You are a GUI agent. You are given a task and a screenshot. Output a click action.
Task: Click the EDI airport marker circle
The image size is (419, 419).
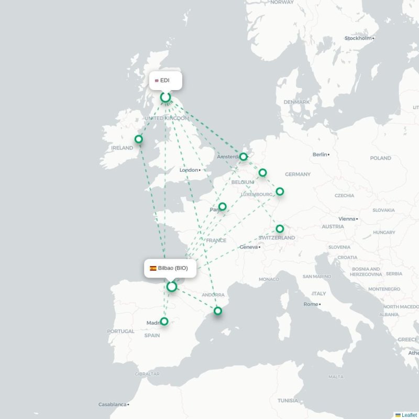(x=166, y=97)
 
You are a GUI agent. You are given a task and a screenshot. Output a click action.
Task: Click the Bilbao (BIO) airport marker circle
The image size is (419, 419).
(x=171, y=286)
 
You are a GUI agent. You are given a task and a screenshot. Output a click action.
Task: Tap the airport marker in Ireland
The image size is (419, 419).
(x=139, y=139)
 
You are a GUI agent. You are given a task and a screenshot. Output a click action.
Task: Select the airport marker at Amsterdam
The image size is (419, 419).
(x=244, y=156)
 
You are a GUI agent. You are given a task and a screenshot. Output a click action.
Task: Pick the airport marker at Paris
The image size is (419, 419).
(x=223, y=206)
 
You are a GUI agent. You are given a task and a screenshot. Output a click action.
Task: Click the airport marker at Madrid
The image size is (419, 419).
(x=164, y=321)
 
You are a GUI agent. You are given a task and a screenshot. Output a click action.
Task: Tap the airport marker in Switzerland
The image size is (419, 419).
(x=280, y=228)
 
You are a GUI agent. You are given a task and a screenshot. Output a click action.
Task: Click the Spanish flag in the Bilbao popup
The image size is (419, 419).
(x=153, y=268)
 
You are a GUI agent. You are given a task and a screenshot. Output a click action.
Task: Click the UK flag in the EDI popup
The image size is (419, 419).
(x=157, y=81)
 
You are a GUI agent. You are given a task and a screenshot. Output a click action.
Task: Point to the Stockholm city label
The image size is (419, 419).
(x=358, y=38)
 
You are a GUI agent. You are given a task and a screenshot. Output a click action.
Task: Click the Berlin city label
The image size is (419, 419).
(x=319, y=155)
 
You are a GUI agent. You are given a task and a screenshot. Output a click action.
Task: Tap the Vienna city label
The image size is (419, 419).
(x=347, y=219)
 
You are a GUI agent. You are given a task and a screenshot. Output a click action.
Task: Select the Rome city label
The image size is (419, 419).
(x=311, y=304)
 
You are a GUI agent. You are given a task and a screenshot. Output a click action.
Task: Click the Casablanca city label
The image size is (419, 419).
(x=112, y=404)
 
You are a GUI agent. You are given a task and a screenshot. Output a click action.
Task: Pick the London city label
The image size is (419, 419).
(x=189, y=170)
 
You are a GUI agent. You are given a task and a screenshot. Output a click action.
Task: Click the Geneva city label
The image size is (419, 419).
(x=249, y=247)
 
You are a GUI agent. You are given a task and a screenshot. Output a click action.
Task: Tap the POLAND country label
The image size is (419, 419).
(x=380, y=158)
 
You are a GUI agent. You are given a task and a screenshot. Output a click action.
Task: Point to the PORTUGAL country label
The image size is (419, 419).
(x=120, y=331)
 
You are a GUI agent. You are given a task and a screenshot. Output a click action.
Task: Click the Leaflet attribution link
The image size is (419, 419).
(x=409, y=415)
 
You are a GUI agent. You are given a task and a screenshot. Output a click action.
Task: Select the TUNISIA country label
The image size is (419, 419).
(x=288, y=401)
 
